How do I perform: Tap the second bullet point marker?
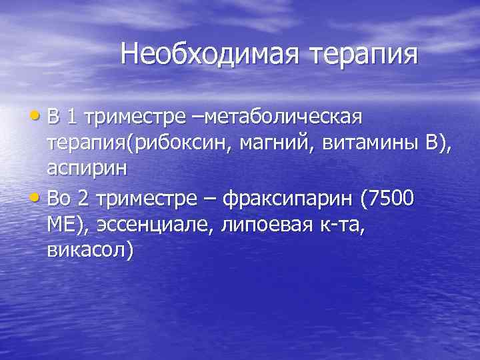(37, 198)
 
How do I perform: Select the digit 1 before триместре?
(72, 118)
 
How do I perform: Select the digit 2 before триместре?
(83, 198)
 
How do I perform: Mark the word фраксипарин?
(289, 198)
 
